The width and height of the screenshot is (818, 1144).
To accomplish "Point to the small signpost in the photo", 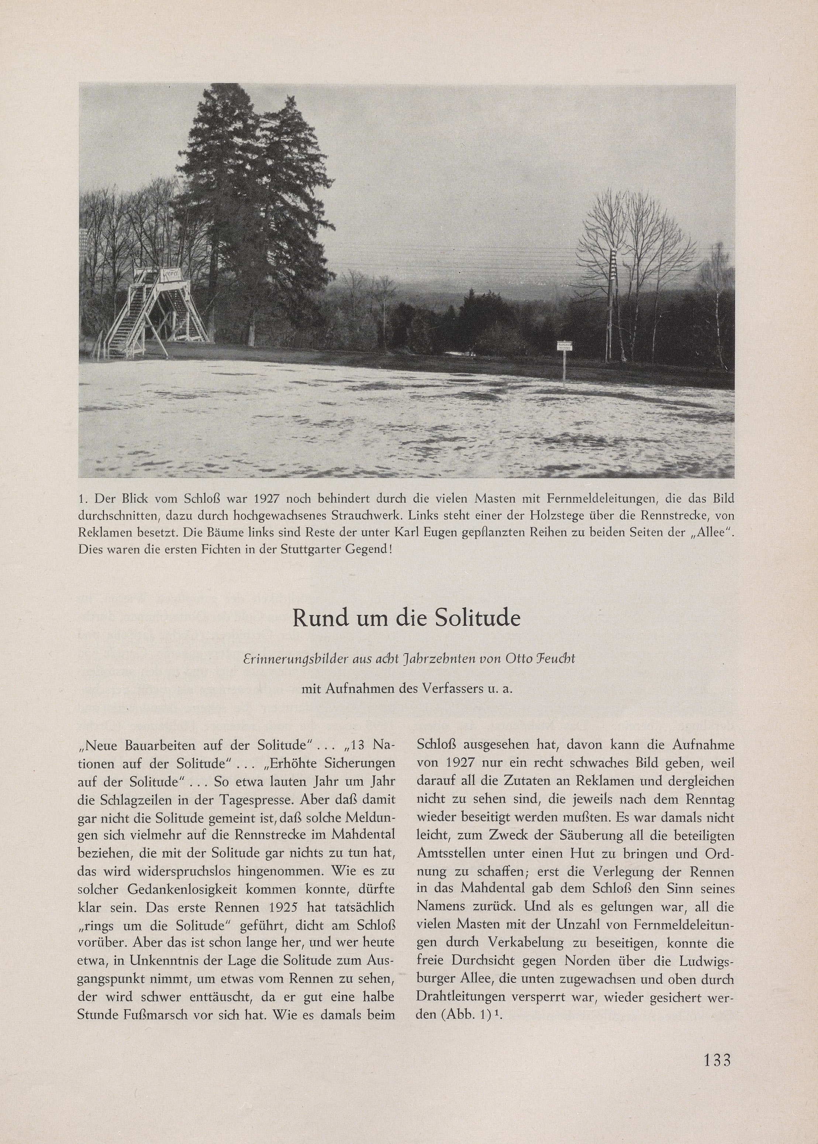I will tap(565, 359).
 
